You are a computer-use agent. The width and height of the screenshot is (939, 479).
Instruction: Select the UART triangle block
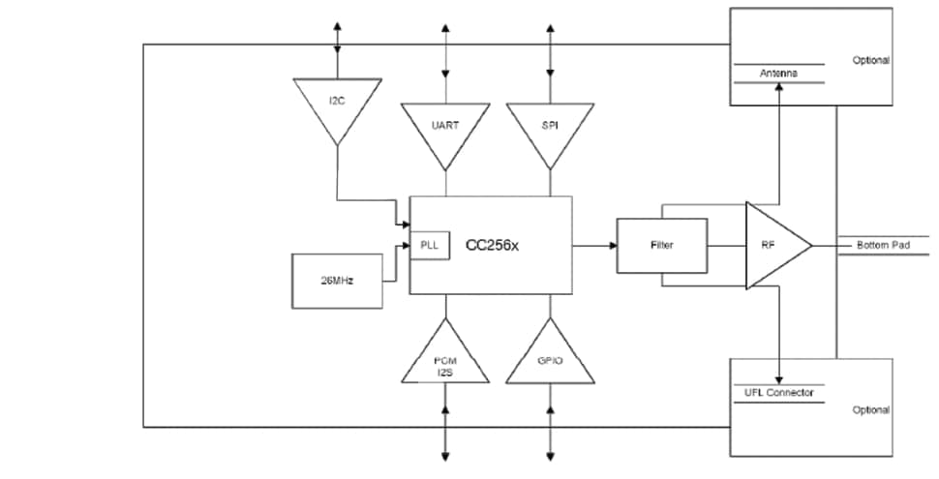[x=445, y=127]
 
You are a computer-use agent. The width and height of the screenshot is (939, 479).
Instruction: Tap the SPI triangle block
[x=550, y=127]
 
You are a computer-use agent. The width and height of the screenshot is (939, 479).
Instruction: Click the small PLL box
[x=430, y=246]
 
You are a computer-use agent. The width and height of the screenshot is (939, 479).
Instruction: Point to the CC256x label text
[x=493, y=246]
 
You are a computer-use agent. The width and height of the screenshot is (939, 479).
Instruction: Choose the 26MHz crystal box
[x=337, y=281]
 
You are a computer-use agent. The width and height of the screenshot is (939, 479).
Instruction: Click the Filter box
[x=662, y=246]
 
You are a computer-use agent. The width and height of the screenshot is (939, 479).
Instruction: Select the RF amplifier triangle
[x=772, y=246]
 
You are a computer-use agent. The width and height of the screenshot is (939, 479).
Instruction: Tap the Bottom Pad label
[x=883, y=246]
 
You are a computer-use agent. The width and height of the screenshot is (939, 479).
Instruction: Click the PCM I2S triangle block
[x=445, y=363]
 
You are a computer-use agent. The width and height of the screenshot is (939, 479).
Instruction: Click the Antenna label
[x=778, y=74]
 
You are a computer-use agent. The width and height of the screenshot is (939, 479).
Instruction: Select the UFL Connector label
[x=778, y=392]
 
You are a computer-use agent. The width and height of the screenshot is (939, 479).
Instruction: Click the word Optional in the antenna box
[x=870, y=60]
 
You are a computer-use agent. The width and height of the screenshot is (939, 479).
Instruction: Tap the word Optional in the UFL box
[x=870, y=410]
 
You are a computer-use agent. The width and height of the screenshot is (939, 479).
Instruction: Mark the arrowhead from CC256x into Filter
[x=612, y=246]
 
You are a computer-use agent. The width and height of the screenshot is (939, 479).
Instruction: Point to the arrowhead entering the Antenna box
[x=778, y=88]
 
